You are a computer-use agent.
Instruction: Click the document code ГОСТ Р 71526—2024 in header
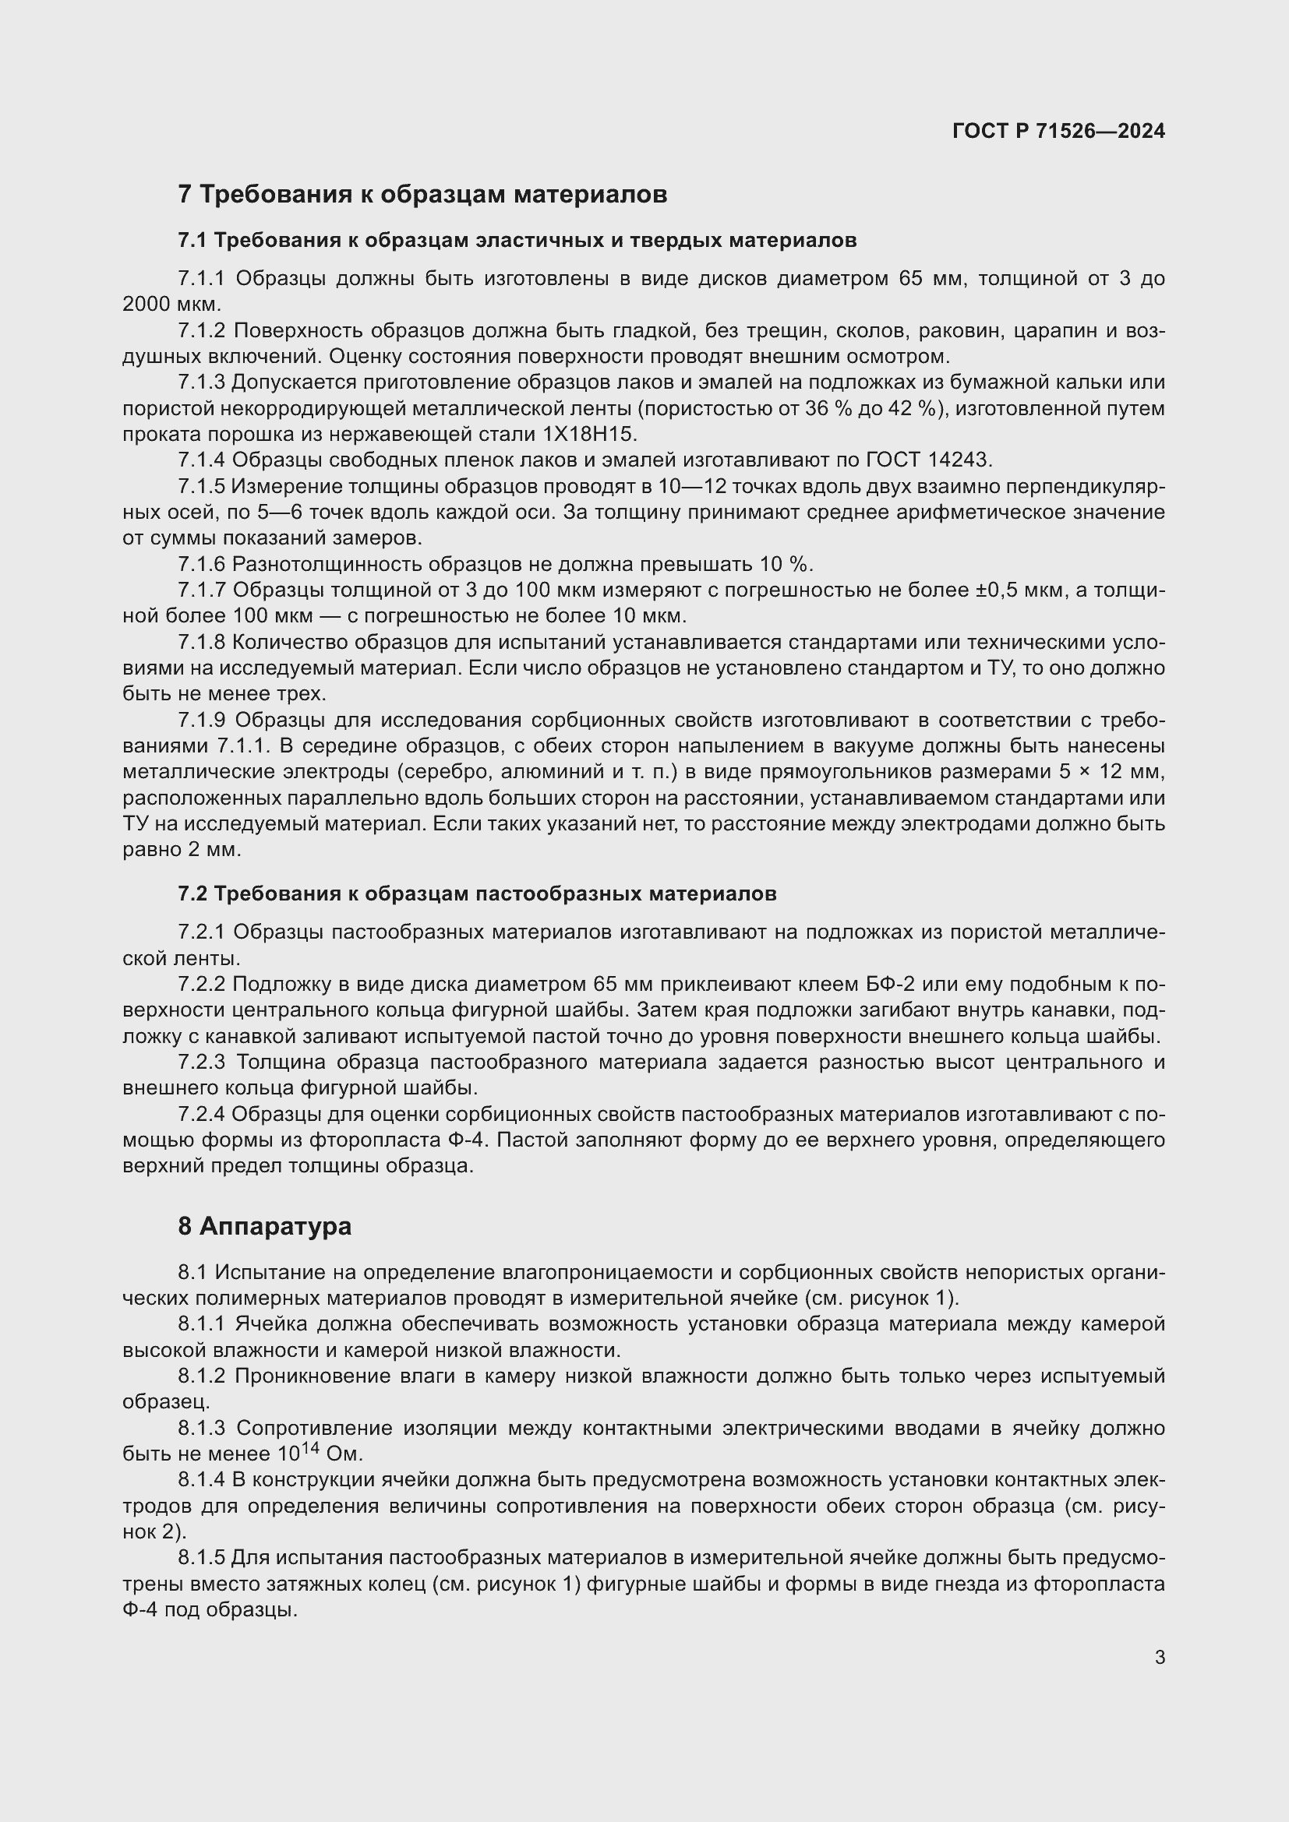[1058, 131]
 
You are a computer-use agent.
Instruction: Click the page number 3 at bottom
[1160, 1657]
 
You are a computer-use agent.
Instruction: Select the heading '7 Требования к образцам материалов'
[422, 194]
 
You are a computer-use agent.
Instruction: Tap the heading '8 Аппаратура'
[264, 1226]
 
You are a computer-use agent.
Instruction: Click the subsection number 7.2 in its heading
[192, 893]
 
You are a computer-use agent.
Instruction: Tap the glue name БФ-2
[888, 985]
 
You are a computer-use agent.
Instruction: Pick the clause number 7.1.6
[202, 564]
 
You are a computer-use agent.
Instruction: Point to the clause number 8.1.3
[202, 1429]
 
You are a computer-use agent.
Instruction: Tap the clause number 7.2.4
[202, 1115]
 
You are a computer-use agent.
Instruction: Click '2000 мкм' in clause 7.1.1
[171, 305]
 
